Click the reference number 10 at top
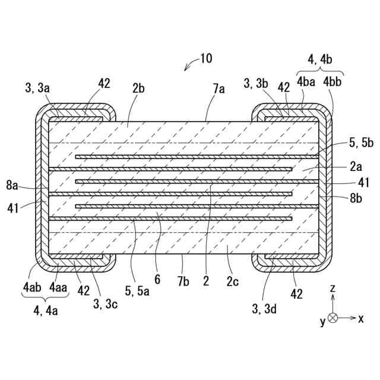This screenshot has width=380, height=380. point(205,58)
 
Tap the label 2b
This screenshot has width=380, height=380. point(139,88)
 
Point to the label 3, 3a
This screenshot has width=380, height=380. point(37,88)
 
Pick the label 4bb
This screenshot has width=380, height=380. point(333,80)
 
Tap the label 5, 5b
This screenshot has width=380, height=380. point(361,142)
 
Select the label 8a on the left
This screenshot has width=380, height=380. point(13,186)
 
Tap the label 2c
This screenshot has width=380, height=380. point(232,281)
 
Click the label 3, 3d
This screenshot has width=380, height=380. point(263,308)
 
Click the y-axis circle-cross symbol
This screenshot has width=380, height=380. point(333,318)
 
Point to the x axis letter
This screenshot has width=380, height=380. point(361,318)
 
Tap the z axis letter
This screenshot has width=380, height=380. point(333,288)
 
